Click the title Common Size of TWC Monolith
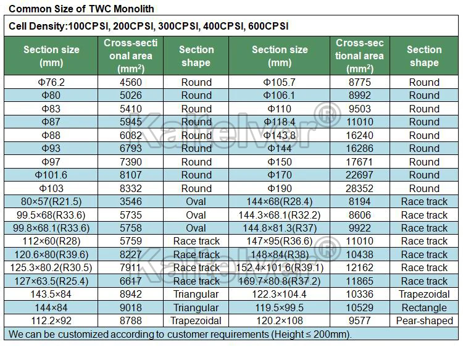[x=81, y=9]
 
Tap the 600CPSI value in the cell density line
[x=267, y=27]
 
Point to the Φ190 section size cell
[x=280, y=188]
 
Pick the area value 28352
[x=360, y=188]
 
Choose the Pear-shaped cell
[x=424, y=320]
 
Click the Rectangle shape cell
[x=424, y=308]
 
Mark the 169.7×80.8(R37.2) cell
[x=280, y=281]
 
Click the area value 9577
[x=360, y=320]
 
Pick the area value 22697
[x=360, y=175]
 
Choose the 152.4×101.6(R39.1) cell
[x=280, y=267]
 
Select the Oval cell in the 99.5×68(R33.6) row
[x=196, y=215]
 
